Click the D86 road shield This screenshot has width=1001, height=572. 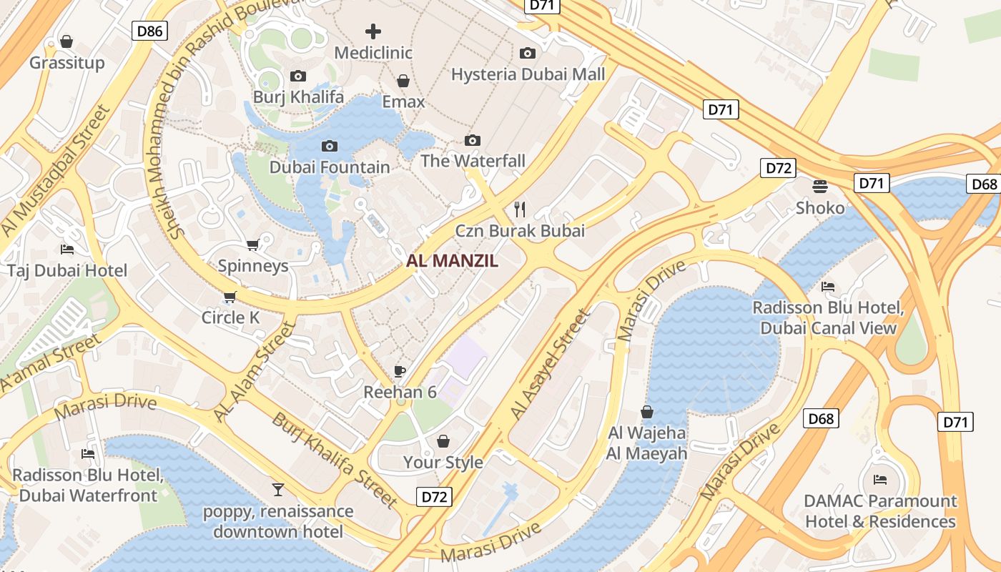150,30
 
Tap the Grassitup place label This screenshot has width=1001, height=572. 66,63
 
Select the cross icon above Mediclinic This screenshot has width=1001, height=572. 373,31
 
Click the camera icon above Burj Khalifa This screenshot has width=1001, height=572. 298,76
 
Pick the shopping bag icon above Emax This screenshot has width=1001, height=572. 403,81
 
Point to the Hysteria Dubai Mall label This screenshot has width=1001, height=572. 528,74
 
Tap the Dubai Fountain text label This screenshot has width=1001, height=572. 330,167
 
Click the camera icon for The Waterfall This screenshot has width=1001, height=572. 473,140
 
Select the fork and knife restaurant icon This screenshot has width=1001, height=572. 520,209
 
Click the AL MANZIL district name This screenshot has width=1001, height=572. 452,261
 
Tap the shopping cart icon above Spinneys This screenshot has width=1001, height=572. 252,245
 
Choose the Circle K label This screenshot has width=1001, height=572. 230,317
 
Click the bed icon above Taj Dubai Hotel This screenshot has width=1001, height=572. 66,250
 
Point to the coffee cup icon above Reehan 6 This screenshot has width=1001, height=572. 400,371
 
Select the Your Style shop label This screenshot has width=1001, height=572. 443,462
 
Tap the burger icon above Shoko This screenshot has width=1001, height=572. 820,187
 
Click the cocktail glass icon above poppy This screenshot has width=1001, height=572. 278,490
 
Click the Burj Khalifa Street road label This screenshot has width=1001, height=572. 334,460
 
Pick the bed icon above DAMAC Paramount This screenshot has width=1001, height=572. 880,479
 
